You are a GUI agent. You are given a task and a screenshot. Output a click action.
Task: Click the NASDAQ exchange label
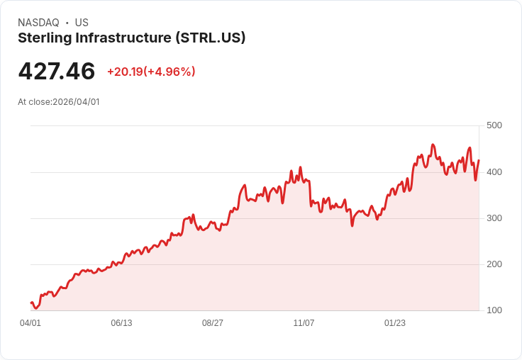pos(38,23)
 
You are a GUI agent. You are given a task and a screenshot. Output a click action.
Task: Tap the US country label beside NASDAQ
pos(82,23)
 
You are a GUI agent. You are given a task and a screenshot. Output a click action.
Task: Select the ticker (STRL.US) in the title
pos(211,38)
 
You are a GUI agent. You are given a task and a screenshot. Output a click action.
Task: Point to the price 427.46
pos(57,72)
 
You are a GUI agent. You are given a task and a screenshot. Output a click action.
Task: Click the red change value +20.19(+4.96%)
pos(151,72)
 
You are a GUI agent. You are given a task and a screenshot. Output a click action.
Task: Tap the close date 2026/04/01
pos(76,102)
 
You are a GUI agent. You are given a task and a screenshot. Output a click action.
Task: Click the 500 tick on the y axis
pos(494,125)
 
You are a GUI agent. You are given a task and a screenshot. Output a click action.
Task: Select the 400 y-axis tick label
pos(494,172)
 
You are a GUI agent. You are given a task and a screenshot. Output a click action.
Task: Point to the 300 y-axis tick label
pos(494,218)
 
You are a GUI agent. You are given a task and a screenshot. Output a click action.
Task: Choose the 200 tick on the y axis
pos(494,264)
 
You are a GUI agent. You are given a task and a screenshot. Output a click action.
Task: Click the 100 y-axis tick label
pos(494,310)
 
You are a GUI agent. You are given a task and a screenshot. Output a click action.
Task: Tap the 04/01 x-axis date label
pos(30,323)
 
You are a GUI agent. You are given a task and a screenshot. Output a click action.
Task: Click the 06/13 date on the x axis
pos(121,323)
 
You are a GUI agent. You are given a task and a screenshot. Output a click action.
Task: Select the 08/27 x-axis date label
pos(213,323)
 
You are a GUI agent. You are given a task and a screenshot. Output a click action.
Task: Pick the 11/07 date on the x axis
pos(304,323)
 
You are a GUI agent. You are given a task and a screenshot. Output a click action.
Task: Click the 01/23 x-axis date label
pos(395,323)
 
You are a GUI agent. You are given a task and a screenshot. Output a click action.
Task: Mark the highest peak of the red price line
pos(433,145)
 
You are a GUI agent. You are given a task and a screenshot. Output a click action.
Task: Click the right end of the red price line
pos(479,160)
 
